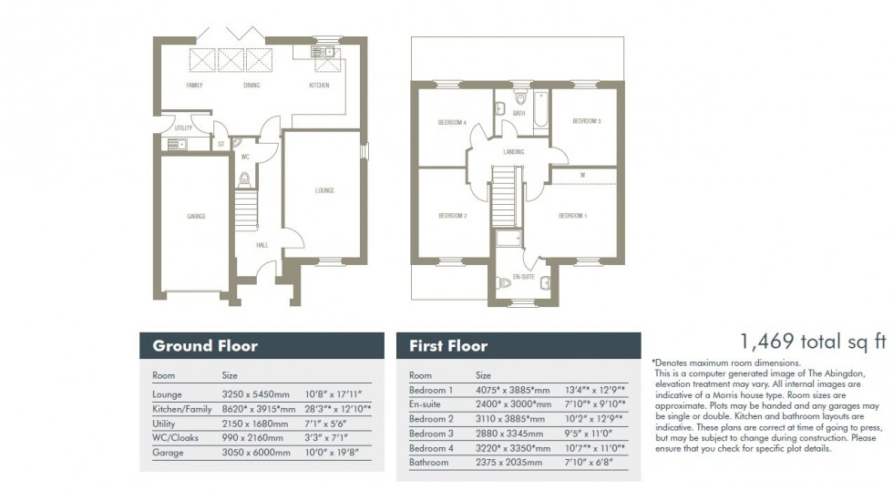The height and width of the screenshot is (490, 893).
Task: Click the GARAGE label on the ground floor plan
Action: [196, 217]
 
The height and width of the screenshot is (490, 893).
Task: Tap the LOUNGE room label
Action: [324, 190]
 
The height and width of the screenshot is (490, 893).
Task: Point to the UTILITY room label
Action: [183, 128]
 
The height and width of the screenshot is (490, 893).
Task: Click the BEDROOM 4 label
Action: [453, 122]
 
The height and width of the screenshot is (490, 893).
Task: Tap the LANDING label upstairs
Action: [513, 152]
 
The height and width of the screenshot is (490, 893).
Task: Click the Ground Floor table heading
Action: [205, 346]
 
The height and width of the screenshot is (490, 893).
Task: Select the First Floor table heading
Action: [448, 346]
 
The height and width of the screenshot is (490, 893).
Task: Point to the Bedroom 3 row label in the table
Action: [430, 434]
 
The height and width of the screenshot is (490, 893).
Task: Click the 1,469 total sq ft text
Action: [813, 342]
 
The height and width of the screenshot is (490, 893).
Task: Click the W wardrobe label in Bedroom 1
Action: [581, 175]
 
